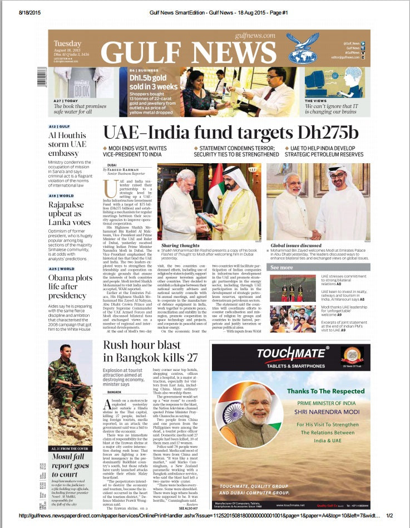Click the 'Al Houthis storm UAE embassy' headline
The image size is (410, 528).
point(68,144)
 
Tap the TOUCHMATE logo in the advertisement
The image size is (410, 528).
point(292,353)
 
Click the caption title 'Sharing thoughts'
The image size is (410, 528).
point(181,245)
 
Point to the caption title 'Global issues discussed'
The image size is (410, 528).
point(297,245)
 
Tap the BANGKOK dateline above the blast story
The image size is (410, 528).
point(114,392)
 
